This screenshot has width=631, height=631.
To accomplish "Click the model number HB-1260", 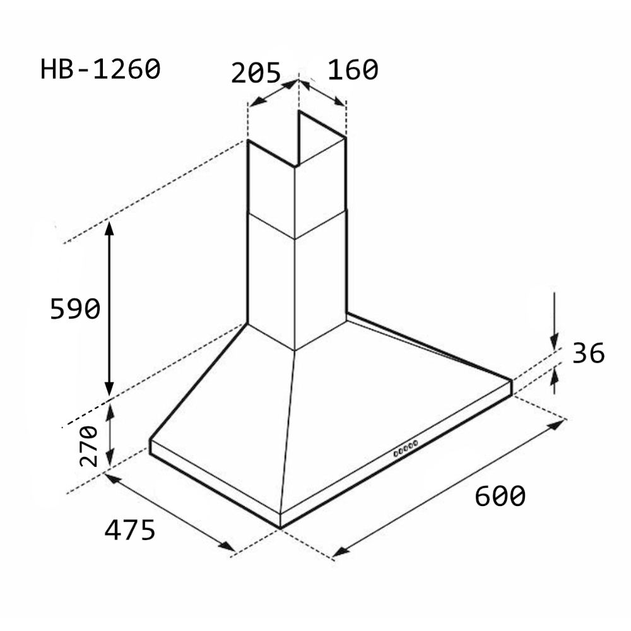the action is (100, 69).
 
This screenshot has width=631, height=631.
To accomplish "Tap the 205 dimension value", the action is (256, 73).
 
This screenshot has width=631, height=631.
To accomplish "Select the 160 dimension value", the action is (353, 69).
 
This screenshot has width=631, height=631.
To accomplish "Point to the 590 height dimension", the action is (75, 309).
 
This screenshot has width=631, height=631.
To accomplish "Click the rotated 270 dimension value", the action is (88, 446).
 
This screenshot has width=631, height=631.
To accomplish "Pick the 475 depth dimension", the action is (129, 529).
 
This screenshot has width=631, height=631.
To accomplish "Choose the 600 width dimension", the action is (500, 495).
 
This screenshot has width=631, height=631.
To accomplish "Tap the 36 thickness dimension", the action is (588, 353).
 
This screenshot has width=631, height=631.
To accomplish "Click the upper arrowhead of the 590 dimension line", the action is (109, 228).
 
